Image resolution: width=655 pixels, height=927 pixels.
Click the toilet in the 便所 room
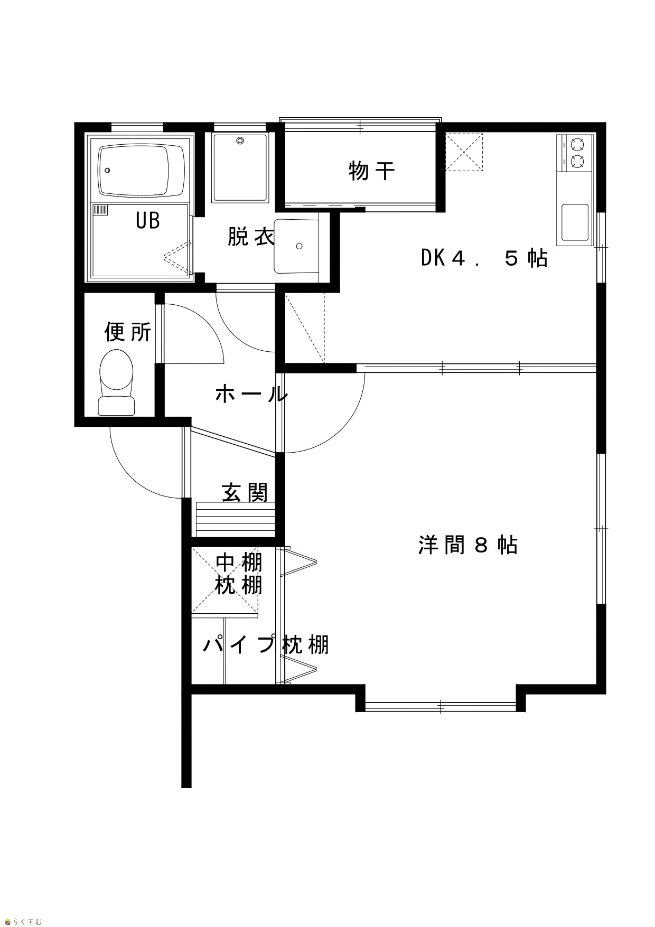116,382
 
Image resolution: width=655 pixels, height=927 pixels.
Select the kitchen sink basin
575,222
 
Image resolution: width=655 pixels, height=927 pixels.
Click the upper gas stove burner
577,144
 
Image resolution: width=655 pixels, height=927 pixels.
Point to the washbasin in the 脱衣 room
296,246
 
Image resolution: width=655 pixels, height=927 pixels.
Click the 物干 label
372,171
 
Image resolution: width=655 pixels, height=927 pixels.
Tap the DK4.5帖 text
484,258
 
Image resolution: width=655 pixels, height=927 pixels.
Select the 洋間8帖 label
468,545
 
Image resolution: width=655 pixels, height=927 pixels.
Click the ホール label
251,395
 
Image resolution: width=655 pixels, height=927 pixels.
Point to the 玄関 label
245,492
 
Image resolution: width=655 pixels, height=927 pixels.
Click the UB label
148,220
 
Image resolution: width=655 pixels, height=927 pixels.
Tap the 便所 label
128,332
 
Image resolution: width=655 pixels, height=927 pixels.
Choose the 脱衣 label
251,237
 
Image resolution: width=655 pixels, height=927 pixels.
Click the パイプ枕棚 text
266,645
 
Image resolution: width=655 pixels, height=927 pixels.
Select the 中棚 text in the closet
239,563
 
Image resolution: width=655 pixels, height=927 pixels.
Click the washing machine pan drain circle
240,141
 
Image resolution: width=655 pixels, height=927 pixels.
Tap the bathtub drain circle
108,170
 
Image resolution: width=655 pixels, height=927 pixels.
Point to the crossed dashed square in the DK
464,152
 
